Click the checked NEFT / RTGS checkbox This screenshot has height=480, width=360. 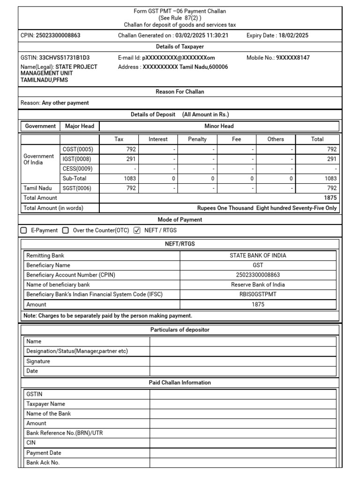pyautogui.click(x=137, y=230)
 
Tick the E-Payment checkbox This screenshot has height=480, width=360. pyautogui.click(x=24, y=230)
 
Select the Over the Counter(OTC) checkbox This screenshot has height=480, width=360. pyautogui.click(x=66, y=230)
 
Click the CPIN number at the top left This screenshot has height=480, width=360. pyautogui.click(x=61, y=35)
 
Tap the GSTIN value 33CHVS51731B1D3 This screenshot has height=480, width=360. pyautogui.click(x=64, y=58)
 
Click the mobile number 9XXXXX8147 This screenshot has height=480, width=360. pyautogui.click(x=293, y=58)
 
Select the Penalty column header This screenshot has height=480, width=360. pyautogui.click(x=197, y=139)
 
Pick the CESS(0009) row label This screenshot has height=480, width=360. pyautogui.click(x=78, y=169)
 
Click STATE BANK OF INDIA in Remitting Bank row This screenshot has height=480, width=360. pyautogui.click(x=258, y=255)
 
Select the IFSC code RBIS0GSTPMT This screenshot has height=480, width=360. pyautogui.click(x=258, y=294)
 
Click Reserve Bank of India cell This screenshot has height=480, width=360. pyautogui.click(x=258, y=285)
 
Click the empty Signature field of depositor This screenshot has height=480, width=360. pyautogui.click(x=243, y=361)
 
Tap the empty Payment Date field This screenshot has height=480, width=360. pyautogui.click(x=243, y=453)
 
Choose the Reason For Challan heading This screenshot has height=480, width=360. pyautogui.click(x=180, y=91)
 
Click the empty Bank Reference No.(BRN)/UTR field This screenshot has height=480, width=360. pyautogui.click(x=243, y=433)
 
